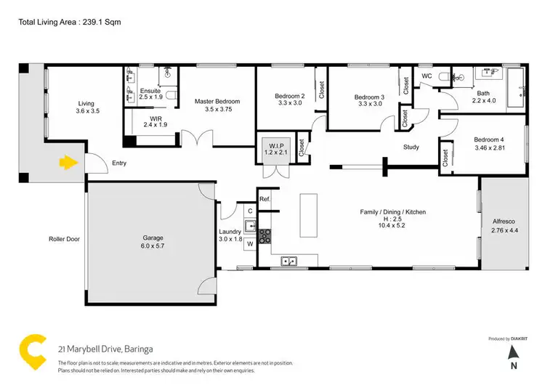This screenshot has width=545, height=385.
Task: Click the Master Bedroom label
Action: pyautogui.click(x=217, y=101)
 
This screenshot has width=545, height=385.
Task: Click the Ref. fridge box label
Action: pyautogui.click(x=265, y=199)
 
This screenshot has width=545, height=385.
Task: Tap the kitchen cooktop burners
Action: pyautogui.click(x=265, y=235)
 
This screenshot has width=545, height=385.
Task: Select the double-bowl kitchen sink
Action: pyautogui.click(x=289, y=261)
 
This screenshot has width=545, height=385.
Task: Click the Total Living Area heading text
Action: pyautogui.click(x=69, y=23)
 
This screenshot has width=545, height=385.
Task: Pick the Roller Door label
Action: pyautogui.click(x=64, y=238)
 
